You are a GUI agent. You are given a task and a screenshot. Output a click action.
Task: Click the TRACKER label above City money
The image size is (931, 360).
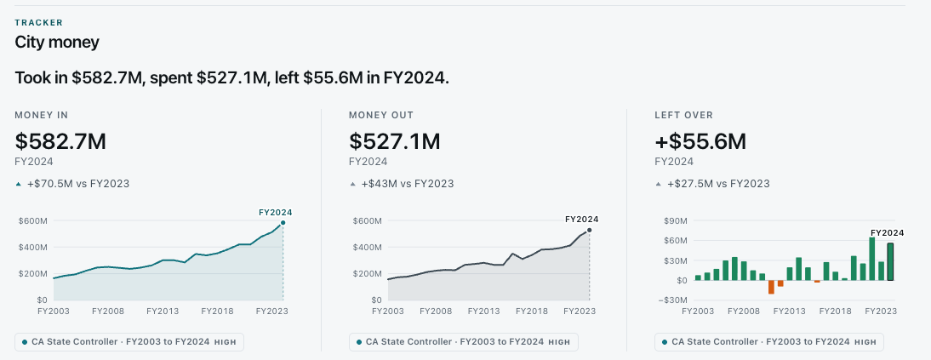pyautogui.click(x=38, y=23)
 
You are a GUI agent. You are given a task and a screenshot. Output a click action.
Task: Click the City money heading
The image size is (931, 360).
pyautogui.click(x=57, y=43)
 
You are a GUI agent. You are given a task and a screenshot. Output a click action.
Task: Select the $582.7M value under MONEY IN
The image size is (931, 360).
pyautogui.click(x=60, y=141)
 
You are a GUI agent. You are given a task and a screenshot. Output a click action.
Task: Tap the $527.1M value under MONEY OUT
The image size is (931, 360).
pyautogui.click(x=395, y=141)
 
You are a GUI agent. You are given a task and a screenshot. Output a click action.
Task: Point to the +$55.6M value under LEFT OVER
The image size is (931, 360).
pyautogui.click(x=700, y=141)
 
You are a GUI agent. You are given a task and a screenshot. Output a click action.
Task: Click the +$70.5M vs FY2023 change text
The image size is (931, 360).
pyautogui.click(x=77, y=184)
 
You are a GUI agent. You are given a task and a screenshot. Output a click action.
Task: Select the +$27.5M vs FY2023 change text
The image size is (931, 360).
pyautogui.click(x=718, y=184)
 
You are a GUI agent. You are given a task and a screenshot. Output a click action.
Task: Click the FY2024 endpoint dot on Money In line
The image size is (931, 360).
pyautogui.click(x=283, y=223)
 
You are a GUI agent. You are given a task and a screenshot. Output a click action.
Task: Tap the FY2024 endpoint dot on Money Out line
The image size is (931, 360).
pyautogui.click(x=590, y=230)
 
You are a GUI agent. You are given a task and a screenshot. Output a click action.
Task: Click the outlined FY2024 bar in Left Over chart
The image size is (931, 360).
pyautogui.click(x=890, y=261)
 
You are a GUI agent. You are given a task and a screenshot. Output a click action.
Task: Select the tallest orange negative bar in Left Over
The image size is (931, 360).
pyautogui.click(x=771, y=287)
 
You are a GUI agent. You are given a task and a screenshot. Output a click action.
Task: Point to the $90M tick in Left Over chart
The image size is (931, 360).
pyautogui.click(x=677, y=221)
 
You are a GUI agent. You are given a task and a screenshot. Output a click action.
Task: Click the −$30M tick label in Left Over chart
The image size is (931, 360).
pyautogui.click(x=673, y=300)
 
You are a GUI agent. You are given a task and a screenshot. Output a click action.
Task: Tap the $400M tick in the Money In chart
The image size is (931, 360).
pyautogui.click(x=33, y=247)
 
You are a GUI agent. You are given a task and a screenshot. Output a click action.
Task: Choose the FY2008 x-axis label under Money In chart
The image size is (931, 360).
pyautogui.click(x=107, y=311)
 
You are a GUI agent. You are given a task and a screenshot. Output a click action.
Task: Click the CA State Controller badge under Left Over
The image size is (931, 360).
pyautogui.click(x=769, y=342)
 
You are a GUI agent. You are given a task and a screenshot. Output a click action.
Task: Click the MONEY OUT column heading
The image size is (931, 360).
pyautogui.click(x=381, y=115)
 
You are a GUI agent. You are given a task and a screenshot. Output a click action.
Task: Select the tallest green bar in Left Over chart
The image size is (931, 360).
pyautogui.click(x=872, y=259)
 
